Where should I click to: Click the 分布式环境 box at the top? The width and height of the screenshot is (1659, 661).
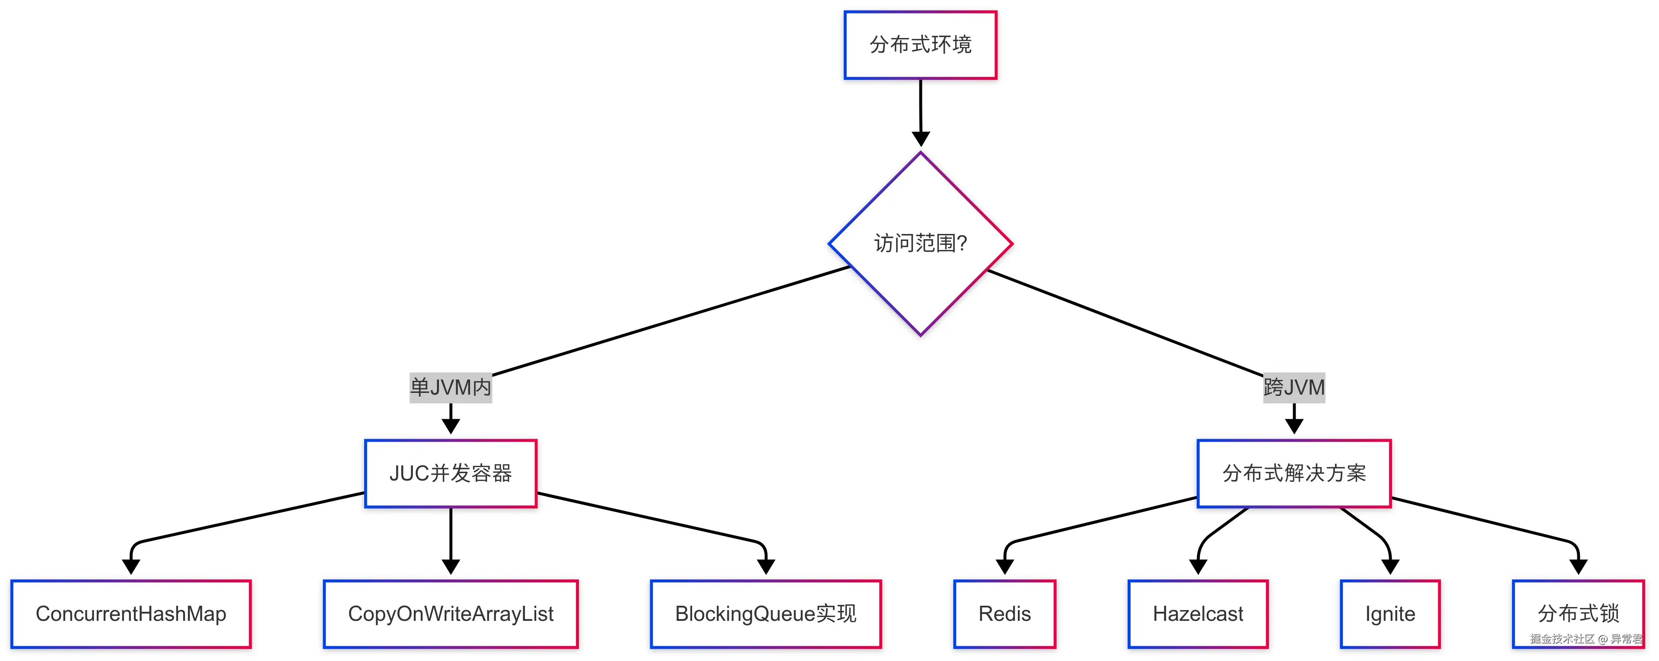coord(920,45)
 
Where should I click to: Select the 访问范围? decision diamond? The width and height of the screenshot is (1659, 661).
coord(920,244)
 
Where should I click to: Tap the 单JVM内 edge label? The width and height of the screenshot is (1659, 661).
coord(451,387)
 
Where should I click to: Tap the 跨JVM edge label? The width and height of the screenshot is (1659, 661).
coord(1294,387)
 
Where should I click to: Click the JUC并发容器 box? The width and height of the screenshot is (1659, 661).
coord(451,474)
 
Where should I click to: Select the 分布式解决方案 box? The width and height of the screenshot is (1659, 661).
coord(1294,474)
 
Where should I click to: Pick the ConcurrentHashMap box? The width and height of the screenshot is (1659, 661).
coord(131,614)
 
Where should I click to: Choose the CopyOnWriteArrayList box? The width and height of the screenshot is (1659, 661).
coord(451,614)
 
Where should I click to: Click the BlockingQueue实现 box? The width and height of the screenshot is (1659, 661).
coord(766,614)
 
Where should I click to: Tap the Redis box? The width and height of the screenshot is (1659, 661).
coord(1004,614)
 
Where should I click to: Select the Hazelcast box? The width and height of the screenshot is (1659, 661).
coord(1198,614)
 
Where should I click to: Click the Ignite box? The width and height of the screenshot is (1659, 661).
coord(1390,614)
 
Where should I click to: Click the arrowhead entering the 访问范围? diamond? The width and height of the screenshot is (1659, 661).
coord(921,139)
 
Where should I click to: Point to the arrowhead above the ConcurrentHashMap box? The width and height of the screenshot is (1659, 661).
coord(131,566)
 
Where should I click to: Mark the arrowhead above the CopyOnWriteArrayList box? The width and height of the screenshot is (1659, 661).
coord(451,566)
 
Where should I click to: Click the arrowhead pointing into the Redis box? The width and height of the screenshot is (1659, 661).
coord(1004,566)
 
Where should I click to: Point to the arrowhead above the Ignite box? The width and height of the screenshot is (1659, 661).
coord(1390,566)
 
